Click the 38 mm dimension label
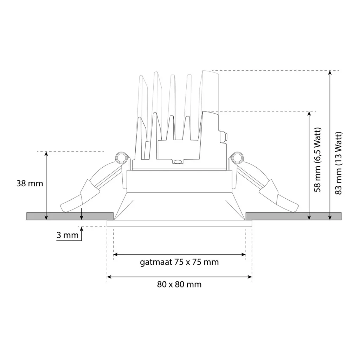pos(30,183)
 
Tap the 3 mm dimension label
pos(67,235)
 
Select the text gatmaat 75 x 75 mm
pos(179,262)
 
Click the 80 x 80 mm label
pos(179,284)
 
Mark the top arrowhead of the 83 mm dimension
pos(330,73)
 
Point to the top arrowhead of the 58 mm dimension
pos(309,114)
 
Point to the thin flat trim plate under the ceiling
pos(179,224)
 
